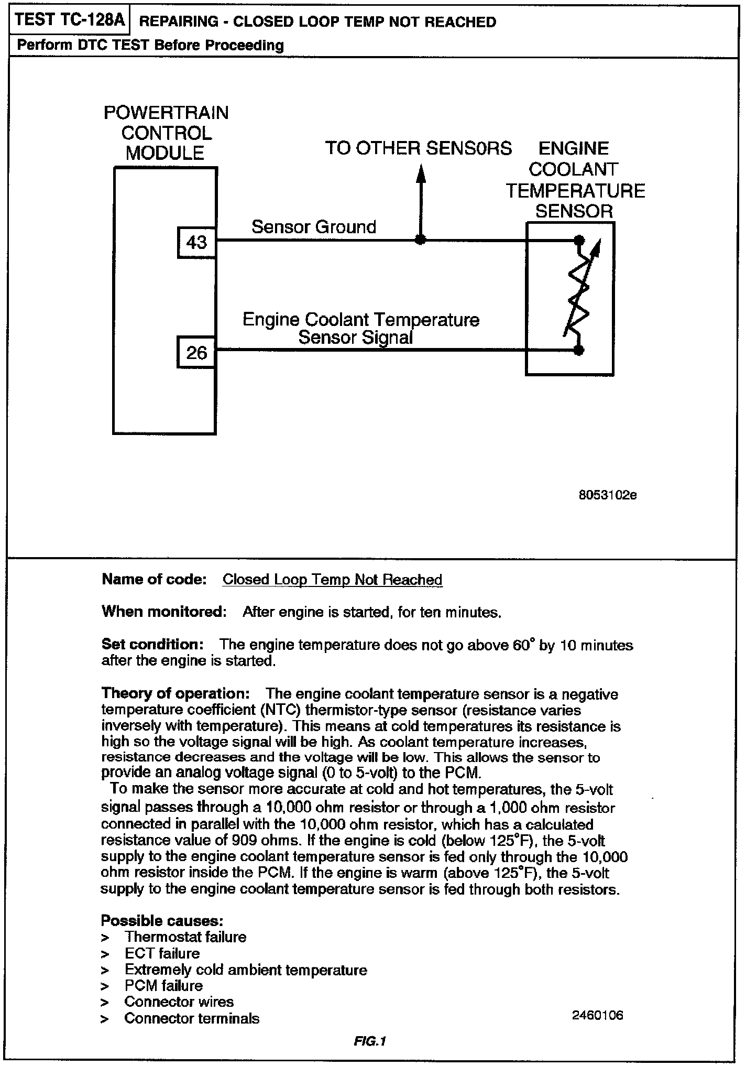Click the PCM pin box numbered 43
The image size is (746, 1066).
pyautogui.click(x=196, y=242)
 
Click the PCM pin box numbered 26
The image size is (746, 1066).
pyautogui.click(x=196, y=352)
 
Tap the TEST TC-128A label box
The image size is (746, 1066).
pyautogui.click(x=70, y=20)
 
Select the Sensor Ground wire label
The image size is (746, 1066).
pyautogui.click(x=314, y=227)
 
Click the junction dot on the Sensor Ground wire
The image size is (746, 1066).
pyautogui.click(x=420, y=241)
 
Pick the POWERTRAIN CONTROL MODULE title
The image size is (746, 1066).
pyautogui.click(x=166, y=133)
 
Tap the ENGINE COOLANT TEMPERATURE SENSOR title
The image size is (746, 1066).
pyautogui.click(x=575, y=180)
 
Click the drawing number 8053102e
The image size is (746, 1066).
pyautogui.click(x=607, y=495)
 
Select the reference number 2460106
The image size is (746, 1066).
pyautogui.click(x=597, y=1015)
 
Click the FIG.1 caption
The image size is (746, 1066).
pyautogui.click(x=369, y=1041)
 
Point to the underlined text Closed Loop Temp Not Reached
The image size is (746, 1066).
pyautogui.click(x=332, y=580)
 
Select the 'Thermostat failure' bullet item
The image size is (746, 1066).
pyautogui.click(x=185, y=937)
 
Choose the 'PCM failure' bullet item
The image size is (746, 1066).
pyautogui.click(x=163, y=985)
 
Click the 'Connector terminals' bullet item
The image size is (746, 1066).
pyautogui.click(x=192, y=1018)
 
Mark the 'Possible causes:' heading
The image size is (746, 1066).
pyautogui.click(x=162, y=920)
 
